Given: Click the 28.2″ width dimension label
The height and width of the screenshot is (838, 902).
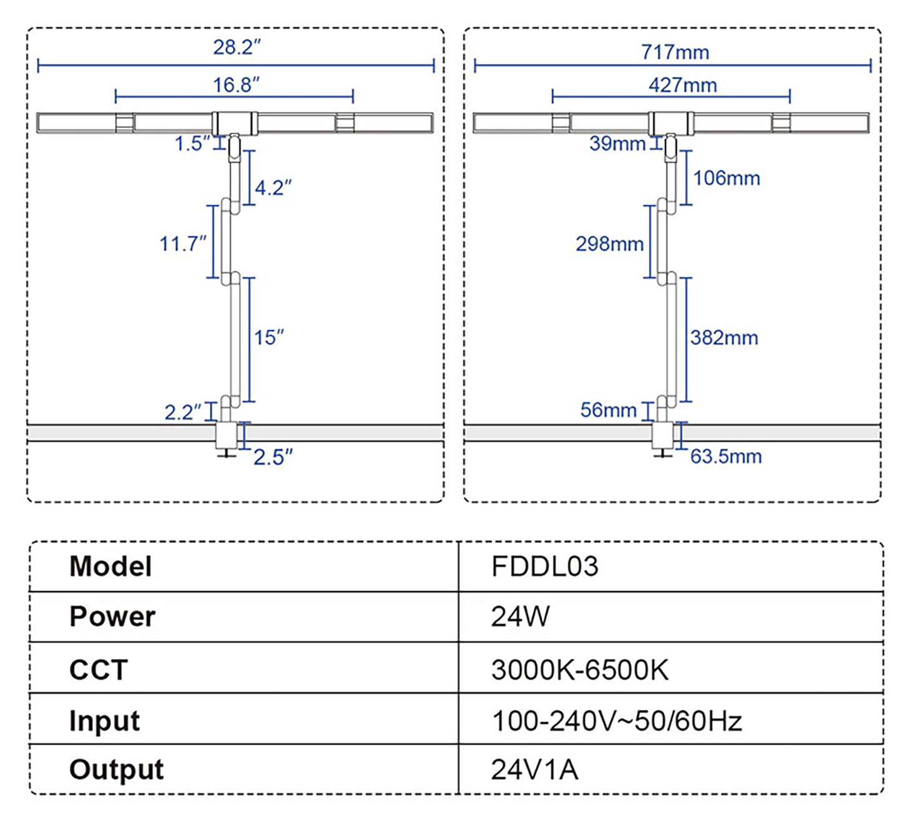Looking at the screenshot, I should pos(237,47).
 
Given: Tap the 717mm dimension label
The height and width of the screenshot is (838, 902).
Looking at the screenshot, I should pos(675,52).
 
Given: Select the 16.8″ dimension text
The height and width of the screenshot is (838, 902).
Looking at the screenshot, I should pos(236,85).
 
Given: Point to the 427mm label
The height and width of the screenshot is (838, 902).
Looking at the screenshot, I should pos(682,85).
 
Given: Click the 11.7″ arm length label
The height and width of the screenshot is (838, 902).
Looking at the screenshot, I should pos(182,243).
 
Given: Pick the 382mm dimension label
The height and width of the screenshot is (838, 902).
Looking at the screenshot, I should pos(724,338).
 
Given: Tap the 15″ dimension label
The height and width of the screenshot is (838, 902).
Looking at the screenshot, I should pos(268,338).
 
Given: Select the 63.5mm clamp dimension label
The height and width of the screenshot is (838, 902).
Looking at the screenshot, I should pos(726,456).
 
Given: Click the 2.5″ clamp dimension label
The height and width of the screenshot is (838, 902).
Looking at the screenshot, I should pos(273,457).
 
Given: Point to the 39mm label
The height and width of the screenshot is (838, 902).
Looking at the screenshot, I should pos(617,144).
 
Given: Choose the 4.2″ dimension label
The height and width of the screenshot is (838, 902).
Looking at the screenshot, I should pos(273,187).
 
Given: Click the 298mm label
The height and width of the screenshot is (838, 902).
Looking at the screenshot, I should pos(609,243).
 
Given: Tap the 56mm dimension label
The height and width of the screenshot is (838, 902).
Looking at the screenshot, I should pos(608,410).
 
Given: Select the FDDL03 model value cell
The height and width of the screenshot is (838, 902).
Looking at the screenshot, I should pos(544,567).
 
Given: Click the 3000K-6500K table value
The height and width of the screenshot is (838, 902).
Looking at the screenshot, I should pos(579,670).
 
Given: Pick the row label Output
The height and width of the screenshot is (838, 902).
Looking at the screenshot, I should pos(116,769).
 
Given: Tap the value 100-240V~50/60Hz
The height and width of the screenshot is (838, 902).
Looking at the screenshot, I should pos(617,721).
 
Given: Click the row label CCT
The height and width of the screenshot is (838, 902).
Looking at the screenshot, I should pos(99,670).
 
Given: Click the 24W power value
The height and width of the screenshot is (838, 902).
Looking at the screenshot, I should pos(520,616).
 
